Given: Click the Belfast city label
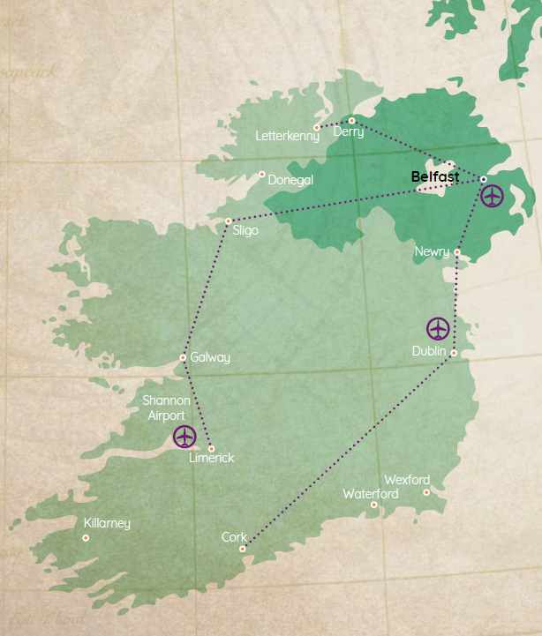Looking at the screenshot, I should click(x=435, y=177).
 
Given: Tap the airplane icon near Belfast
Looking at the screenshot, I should click(x=492, y=196).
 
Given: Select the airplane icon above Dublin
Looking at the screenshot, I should click(x=438, y=329).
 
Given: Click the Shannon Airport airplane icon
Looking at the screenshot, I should click(x=184, y=436).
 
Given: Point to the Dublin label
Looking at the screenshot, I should click(x=429, y=351).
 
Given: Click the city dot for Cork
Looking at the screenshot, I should click(x=243, y=549).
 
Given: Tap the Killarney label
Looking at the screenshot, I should click(x=107, y=523).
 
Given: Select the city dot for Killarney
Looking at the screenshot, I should click(x=86, y=538).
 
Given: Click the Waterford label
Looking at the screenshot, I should click(x=370, y=493).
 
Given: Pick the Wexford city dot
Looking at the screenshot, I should click(x=426, y=492).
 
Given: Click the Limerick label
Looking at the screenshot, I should click(x=212, y=459).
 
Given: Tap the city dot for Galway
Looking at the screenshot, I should click(x=183, y=357).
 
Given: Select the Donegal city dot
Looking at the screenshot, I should click(x=261, y=175).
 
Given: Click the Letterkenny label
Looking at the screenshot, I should click(x=287, y=137).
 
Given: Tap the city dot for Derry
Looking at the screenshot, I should click(x=351, y=120).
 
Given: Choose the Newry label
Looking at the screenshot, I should click(x=432, y=252).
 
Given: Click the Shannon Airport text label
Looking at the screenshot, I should click(x=166, y=408).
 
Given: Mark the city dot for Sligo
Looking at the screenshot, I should click(x=228, y=221).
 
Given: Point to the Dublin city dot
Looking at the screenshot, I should click(x=454, y=354).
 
